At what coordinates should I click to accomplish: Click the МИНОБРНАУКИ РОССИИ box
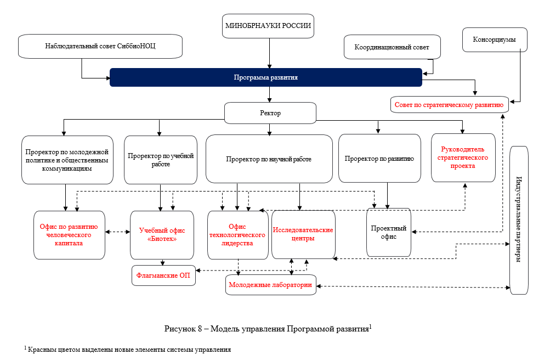pos(268,26)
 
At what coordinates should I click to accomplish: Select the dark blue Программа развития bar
pos(266,77)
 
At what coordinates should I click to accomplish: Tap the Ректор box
pos(270,113)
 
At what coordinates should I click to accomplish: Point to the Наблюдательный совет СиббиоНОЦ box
pos(100,46)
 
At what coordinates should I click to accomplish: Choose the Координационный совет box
pos(392,47)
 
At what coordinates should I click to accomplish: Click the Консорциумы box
pos(495,40)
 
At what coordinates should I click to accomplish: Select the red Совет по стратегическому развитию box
pos(449,105)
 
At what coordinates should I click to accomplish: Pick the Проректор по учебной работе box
pos(161,160)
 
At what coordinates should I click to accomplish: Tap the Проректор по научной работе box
pos(269,159)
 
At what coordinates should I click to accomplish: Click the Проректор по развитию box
pos(379,159)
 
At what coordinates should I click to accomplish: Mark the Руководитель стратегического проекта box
pos(463,158)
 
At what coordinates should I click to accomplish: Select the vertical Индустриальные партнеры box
pos(519,221)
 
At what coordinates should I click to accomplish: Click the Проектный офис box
pos(389,233)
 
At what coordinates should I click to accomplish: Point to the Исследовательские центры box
pos(303,234)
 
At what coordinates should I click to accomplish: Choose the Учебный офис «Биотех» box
pos(162,235)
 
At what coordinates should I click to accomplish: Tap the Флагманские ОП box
pos(163,275)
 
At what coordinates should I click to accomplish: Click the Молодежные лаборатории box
pos(271,285)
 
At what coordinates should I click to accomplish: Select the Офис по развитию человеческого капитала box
pos(69,235)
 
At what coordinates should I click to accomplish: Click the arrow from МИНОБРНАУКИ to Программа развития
pos(269,53)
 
